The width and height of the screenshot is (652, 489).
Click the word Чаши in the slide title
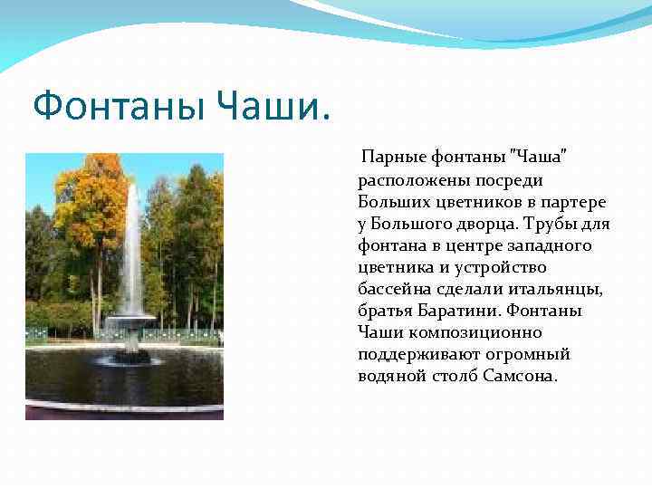[269, 109]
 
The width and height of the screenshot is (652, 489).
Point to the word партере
[576, 202]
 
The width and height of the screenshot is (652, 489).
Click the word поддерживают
[409, 354]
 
